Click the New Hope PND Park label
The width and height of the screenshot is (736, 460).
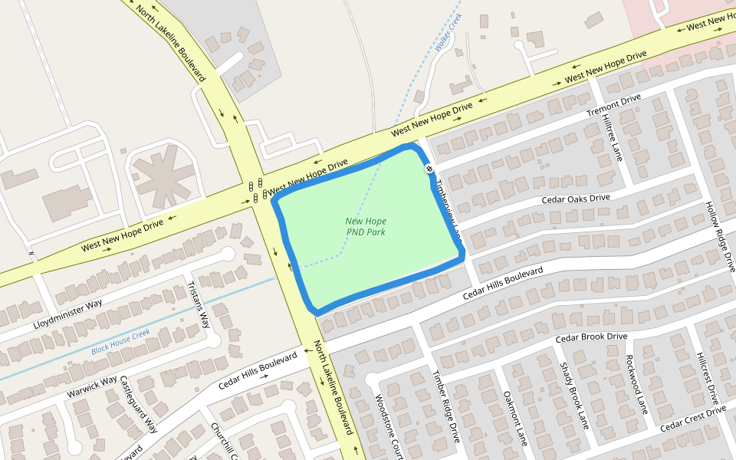pyautogui.click(x=366, y=226)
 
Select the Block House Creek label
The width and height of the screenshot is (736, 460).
pyautogui.click(x=120, y=341)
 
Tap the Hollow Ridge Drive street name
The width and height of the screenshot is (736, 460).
pyautogui.click(x=721, y=237)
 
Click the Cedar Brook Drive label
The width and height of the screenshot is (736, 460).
pyautogui.click(x=591, y=337)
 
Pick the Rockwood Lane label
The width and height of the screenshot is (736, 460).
pyautogui.click(x=637, y=384)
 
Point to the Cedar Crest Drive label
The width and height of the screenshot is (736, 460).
pyautogui.click(x=692, y=417)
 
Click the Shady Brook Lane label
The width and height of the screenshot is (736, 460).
pyautogui.click(x=573, y=396)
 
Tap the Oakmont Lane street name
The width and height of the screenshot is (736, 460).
pyautogui.click(x=515, y=419)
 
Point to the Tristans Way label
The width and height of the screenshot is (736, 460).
pyautogui.click(x=198, y=304)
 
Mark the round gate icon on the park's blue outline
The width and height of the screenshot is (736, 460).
pyautogui.click(x=429, y=169)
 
